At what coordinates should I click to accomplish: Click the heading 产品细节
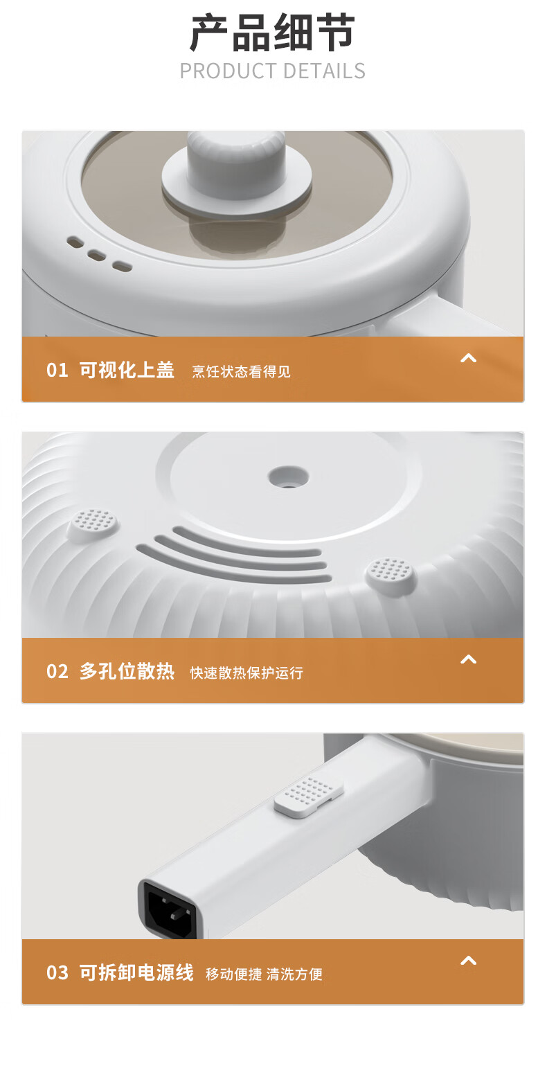273,33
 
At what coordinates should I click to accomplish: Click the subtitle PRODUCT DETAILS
273,71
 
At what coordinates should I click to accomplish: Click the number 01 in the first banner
57,371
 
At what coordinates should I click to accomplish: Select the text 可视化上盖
127,370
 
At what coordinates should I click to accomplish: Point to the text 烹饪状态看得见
241,372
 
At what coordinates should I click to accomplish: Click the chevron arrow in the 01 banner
468,358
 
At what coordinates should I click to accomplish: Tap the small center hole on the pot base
288,477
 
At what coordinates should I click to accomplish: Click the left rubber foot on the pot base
93,524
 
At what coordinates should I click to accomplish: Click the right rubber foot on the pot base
391,575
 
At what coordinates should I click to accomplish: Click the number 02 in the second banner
57,672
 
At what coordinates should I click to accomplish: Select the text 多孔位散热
127,671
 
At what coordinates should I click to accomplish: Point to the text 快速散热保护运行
246,673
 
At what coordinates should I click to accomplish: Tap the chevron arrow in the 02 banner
468,659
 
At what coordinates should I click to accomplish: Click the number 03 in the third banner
57,973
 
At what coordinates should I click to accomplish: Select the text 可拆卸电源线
136,972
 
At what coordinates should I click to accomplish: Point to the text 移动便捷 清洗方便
264,974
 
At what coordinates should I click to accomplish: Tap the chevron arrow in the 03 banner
468,961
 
